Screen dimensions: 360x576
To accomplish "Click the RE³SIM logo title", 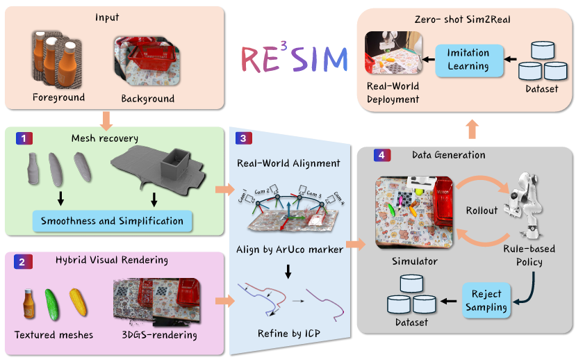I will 293,60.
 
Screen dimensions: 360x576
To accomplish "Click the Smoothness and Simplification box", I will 112,222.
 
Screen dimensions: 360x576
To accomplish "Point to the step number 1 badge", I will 23,138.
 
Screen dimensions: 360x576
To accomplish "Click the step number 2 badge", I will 23,262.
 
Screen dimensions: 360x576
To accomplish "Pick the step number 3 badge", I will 242,138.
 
